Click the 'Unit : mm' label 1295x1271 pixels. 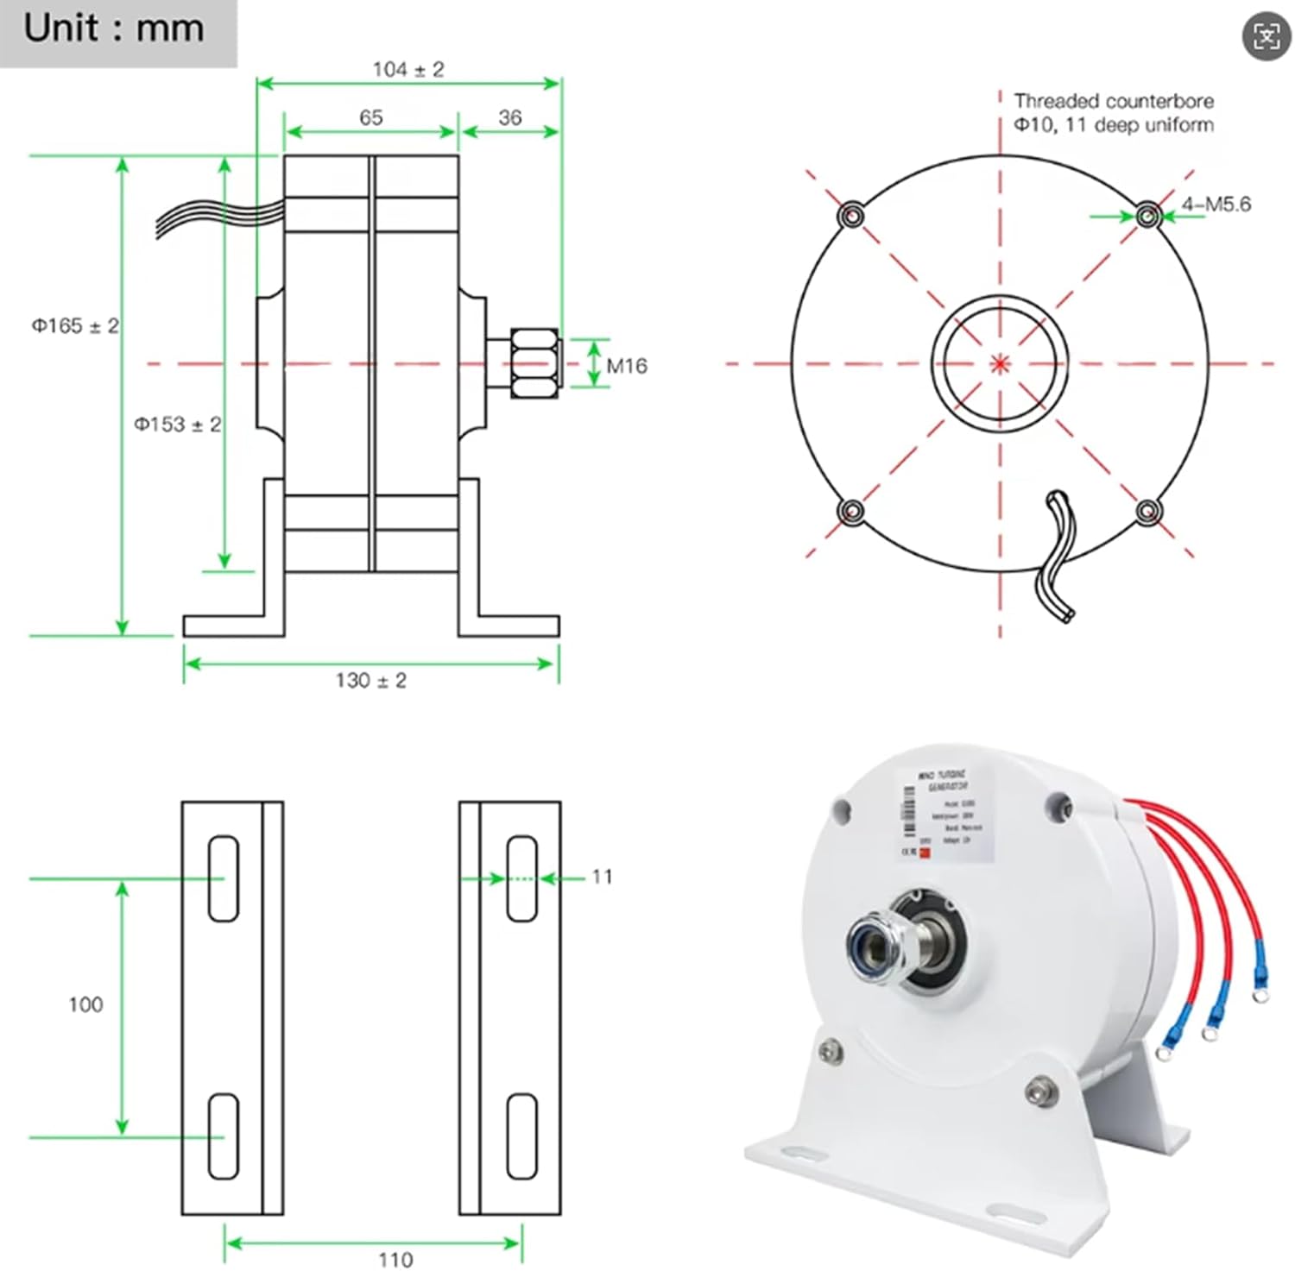113,29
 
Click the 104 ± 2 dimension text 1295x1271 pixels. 408,69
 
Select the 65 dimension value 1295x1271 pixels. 371,117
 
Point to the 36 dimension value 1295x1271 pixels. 510,117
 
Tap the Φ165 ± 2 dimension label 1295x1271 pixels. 75,326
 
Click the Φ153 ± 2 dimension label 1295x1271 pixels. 177,425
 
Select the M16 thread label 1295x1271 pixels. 627,366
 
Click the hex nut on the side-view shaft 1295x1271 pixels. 535,362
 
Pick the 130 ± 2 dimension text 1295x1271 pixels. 371,681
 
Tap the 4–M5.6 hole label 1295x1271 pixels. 1216,204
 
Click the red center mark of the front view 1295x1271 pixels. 1000,363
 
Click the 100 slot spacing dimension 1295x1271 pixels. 85,1004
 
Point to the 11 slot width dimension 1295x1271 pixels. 602,877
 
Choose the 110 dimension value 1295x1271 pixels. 395,1259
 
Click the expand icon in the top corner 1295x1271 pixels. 1266,36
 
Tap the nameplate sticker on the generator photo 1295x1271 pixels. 944,814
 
